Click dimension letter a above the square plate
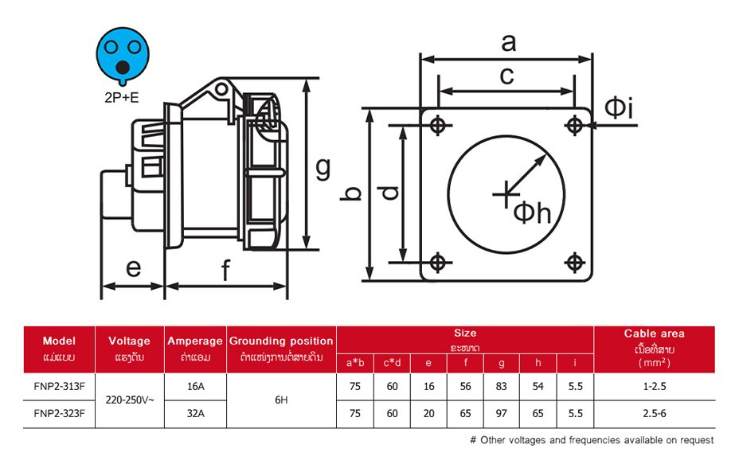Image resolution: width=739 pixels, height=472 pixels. [507, 42]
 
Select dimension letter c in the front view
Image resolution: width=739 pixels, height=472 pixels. [506, 76]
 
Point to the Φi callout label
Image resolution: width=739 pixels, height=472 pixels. [619, 108]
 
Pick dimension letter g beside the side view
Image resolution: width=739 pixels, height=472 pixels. [323, 167]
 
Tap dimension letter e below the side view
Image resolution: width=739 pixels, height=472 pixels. [133, 267]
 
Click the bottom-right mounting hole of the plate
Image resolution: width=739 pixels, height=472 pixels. [574, 262]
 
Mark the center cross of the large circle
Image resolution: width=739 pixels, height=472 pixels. [504, 192]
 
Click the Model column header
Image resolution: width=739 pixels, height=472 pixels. [59, 341]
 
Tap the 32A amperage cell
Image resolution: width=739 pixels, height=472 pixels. [195, 413]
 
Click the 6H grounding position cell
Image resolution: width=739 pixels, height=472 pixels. [281, 400]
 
